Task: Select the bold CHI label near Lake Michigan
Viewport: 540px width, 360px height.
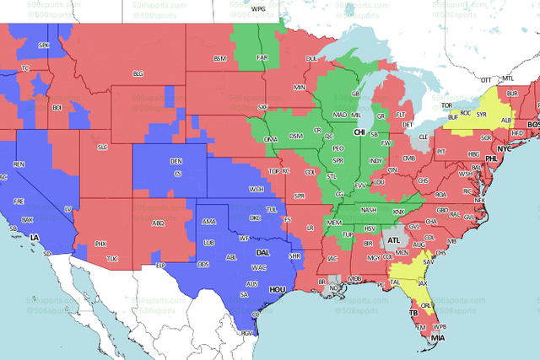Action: click(359, 132)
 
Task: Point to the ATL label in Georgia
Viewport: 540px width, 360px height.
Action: click(394, 240)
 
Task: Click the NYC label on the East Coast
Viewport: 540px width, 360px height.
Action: click(505, 148)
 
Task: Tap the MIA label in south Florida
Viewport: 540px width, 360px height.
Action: click(437, 338)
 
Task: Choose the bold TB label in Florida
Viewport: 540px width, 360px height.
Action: click(413, 313)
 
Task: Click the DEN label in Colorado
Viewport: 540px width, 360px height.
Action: click(176, 161)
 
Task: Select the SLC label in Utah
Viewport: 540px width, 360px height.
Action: click(103, 148)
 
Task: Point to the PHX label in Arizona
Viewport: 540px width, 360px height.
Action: click(101, 244)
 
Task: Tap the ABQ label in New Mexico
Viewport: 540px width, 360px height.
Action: click(157, 223)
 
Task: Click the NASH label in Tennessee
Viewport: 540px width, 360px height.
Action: click(369, 210)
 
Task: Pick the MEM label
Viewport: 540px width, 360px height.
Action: click(336, 223)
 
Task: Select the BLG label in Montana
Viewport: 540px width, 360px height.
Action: click(138, 73)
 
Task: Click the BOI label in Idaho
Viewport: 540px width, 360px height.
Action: click(57, 108)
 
